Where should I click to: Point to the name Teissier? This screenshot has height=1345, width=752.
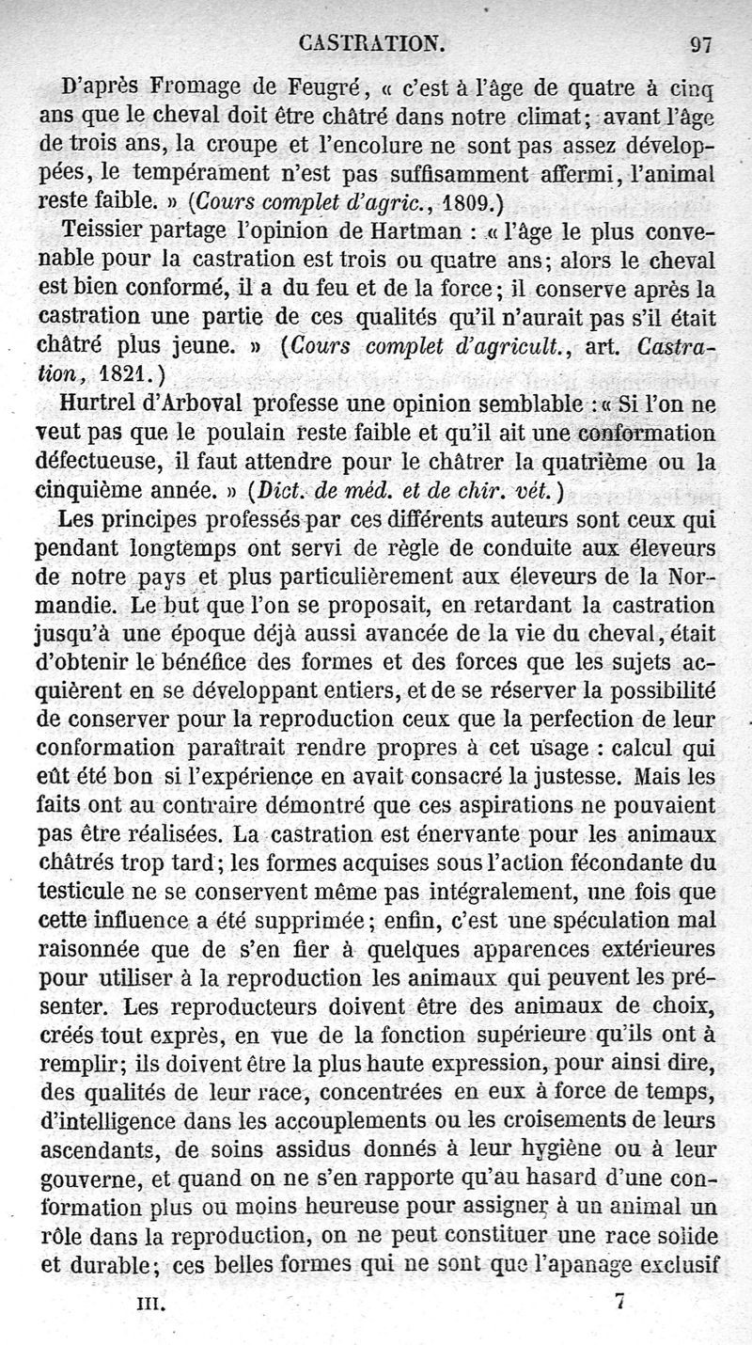[x=102, y=232]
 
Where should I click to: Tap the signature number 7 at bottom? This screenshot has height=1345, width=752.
[x=619, y=1303]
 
